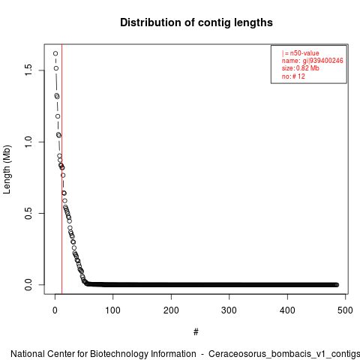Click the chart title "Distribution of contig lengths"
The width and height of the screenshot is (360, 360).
(196, 22)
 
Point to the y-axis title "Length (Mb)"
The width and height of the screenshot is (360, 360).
(7, 169)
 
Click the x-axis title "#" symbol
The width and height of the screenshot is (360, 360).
(196, 332)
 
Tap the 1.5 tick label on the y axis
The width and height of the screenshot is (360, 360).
(28, 70)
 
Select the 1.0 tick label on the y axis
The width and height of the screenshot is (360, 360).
(28, 142)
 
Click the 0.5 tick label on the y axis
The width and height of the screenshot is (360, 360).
(28, 213)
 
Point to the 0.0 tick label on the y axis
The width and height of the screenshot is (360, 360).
(28, 285)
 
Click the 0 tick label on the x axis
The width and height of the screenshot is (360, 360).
(55, 310)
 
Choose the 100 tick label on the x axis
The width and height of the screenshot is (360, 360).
(113, 310)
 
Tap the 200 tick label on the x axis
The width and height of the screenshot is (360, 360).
(171, 310)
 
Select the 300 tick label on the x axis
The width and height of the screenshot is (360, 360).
(229, 310)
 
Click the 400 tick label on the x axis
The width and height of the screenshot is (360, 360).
(287, 310)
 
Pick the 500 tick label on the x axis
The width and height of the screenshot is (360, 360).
(345, 310)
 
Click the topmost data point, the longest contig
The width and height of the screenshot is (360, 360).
(55, 53)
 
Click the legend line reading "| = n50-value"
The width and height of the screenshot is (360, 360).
(300, 53)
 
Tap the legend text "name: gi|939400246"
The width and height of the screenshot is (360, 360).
(312, 61)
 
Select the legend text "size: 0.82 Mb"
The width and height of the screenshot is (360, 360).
(300, 68)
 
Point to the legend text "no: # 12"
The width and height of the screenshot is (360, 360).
(293, 76)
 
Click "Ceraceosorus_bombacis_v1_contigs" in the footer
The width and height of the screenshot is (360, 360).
(284, 355)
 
